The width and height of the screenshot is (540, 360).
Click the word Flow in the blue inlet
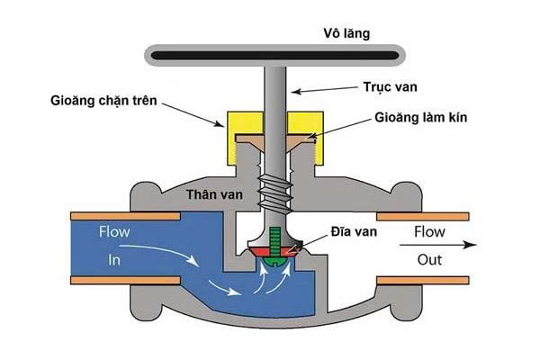[x=113, y=232]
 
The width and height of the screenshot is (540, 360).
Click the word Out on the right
[x=431, y=259]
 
